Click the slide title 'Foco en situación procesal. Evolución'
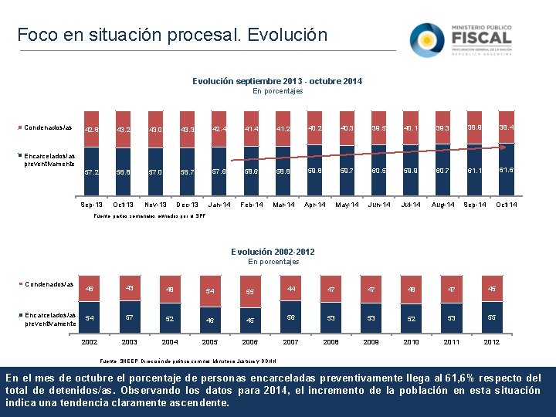[x=172, y=35]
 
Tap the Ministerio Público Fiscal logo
[x=460, y=39]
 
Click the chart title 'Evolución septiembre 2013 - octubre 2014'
[x=276, y=81]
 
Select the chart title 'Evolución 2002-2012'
[x=273, y=252]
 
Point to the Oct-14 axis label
[x=505, y=205]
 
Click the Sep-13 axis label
[x=92, y=205]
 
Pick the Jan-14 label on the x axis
[x=219, y=205]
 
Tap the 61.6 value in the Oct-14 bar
[x=505, y=170]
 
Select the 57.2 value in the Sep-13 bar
[x=92, y=171]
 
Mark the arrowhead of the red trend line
[x=504, y=145]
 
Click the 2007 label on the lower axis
[x=292, y=341]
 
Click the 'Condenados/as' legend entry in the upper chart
[x=48, y=127]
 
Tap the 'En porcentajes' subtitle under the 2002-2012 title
[x=273, y=262]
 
